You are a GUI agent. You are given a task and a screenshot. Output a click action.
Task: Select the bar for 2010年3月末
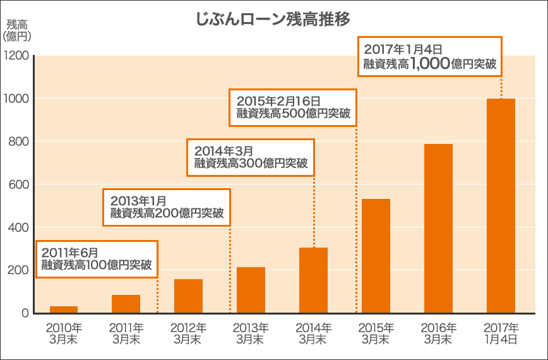click(x=64, y=309)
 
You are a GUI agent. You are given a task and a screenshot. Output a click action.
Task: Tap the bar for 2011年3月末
click(x=126, y=304)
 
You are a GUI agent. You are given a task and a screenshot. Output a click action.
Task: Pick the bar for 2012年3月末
click(x=188, y=296)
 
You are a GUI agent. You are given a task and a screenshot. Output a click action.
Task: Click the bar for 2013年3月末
click(x=251, y=290)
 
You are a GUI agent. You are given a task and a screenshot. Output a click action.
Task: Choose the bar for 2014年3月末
click(x=313, y=280)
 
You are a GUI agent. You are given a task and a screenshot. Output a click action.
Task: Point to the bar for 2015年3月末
click(x=376, y=256)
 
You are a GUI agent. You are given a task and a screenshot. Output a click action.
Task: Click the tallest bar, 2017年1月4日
click(x=501, y=206)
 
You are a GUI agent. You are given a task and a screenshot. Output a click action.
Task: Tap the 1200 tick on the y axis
click(x=16, y=56)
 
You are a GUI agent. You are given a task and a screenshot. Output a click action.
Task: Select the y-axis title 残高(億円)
click(x=16, y=30)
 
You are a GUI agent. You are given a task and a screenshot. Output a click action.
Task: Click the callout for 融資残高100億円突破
click(x=97, y=259)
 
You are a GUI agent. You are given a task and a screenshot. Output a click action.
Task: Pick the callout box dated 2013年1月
click(x=167, y=207)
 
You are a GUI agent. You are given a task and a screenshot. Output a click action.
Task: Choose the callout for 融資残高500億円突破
click(x=293, y=107)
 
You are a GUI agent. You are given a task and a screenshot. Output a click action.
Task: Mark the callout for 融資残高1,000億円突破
click(x=429, y=56)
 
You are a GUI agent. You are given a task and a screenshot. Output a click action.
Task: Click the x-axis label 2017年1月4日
click(x=501, y=333)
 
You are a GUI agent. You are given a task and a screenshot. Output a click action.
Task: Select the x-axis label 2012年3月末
click(x=188, y=333)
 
